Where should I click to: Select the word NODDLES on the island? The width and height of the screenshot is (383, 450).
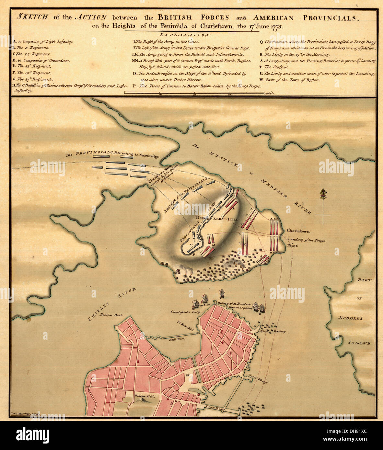point(350,318)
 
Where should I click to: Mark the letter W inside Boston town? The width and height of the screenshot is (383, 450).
point(187,375)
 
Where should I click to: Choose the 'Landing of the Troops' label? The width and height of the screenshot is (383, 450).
point(306,240)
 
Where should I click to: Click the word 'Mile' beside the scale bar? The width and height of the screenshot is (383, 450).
point(269,93)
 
